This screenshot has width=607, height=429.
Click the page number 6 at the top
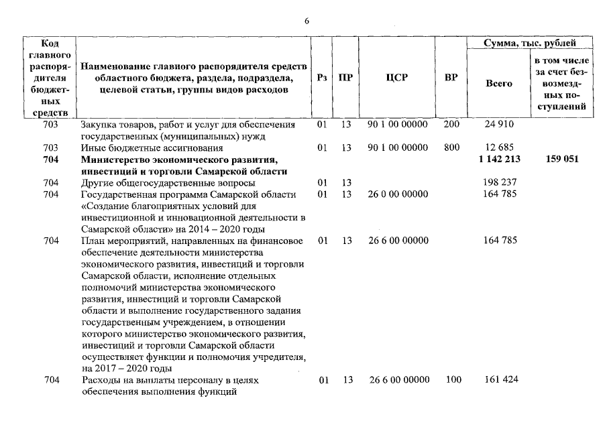click(307, 21)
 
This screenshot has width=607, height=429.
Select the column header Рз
click(322, 78)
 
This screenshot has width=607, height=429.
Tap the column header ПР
click(345, 78)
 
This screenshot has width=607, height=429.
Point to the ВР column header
click(451, 78)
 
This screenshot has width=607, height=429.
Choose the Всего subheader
click(498, 84)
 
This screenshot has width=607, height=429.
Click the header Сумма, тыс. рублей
click(530, 43)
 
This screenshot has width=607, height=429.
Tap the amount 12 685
click(498, 147)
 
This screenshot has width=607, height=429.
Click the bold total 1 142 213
click(498, 159)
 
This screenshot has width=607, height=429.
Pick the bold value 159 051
click(562, 159)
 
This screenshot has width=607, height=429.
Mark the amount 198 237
click(498, 182)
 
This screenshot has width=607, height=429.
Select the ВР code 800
click(451, 147)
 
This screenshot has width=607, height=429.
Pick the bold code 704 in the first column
click(50, 160)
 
